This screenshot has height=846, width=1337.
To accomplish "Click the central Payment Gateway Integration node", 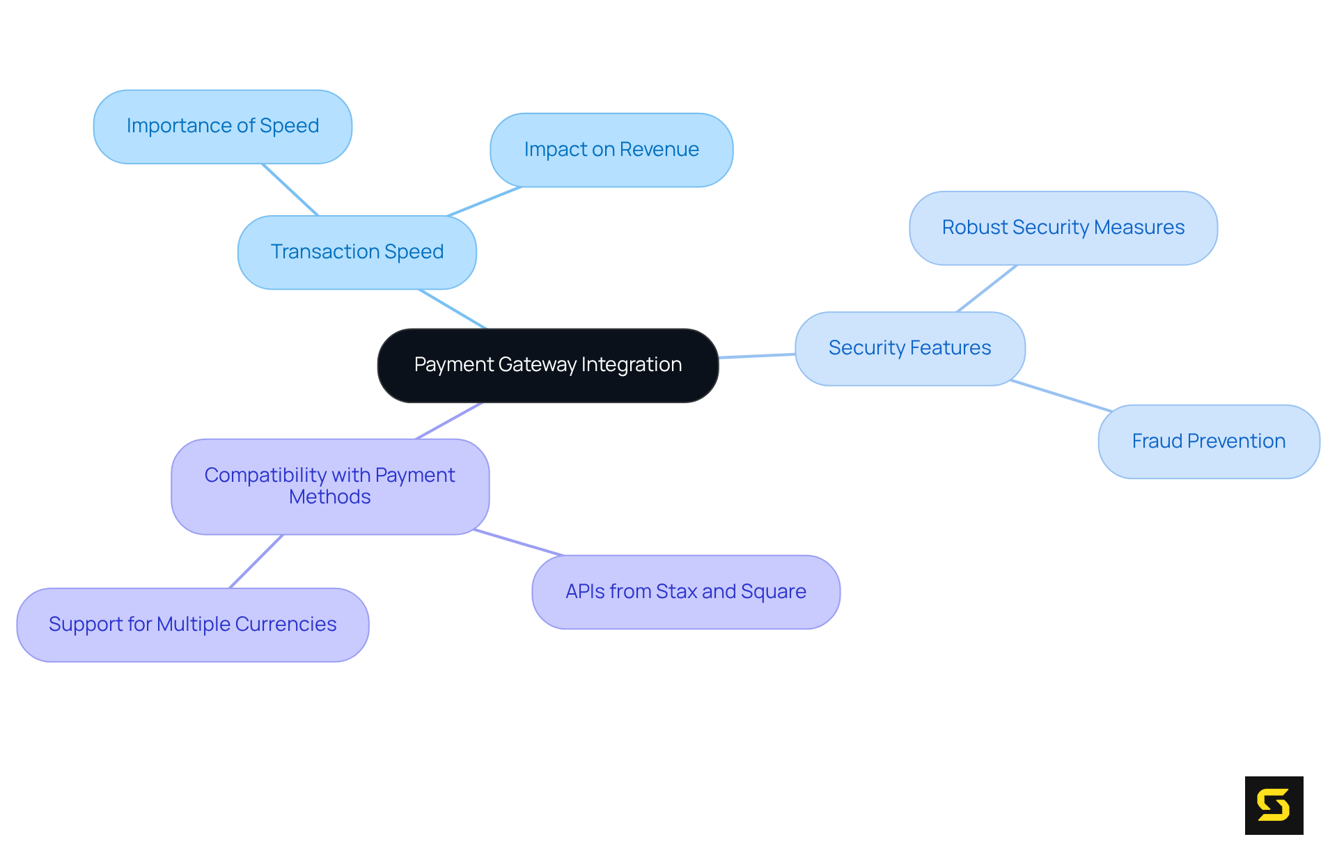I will point(547,365).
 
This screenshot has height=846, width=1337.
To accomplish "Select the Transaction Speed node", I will point(357,252).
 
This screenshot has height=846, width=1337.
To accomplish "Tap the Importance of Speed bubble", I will point(222,126).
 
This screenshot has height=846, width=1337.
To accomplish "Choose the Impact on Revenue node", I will point(611,150).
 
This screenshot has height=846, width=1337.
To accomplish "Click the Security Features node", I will point(909,348).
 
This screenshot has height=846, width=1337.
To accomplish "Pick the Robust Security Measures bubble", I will point(1063,228).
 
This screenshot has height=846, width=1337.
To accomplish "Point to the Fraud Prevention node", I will point(1208,441).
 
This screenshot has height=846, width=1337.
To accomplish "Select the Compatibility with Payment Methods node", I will point(329,486).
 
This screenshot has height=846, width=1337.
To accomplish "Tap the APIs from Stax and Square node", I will point(685,592).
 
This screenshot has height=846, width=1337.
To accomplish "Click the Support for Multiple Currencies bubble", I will point(192,625).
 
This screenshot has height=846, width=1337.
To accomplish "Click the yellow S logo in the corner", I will point(1274,805).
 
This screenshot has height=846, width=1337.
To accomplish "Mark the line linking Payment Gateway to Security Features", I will point(757,356).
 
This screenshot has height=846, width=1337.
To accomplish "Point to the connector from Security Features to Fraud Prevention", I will point(1061,395).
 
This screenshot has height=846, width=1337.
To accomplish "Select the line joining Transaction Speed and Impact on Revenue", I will point(484,201).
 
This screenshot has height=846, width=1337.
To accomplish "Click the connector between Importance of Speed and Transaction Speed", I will point(290,189).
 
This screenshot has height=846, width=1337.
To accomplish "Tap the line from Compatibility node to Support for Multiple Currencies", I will point(256,561).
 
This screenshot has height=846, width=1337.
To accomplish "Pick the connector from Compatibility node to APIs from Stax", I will point(519,542).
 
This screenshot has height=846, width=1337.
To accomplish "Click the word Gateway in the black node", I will point(537,365).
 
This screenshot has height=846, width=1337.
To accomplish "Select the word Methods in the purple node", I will point(329,497).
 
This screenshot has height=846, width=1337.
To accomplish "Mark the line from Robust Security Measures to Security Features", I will point(987,288).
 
